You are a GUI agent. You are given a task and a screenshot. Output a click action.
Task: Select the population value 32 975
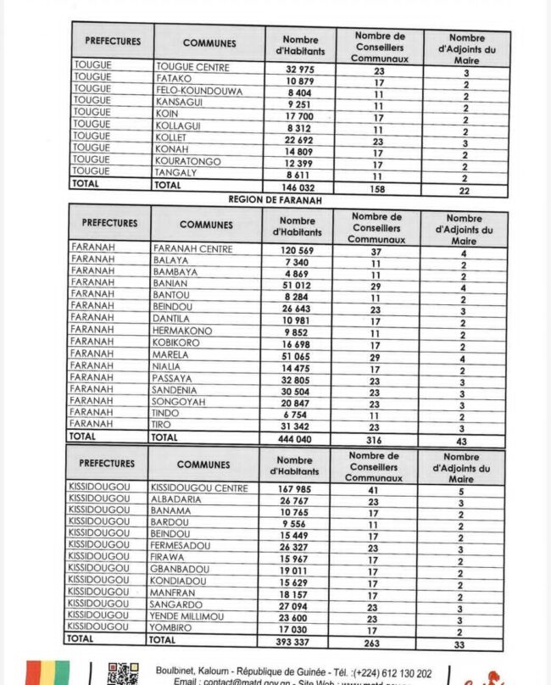[300, 69]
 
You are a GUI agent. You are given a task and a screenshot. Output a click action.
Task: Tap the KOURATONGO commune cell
[188, 161]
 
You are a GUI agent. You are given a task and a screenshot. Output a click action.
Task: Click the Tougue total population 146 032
[300, 187]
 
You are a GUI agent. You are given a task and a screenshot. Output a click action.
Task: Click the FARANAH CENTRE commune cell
[192, 249]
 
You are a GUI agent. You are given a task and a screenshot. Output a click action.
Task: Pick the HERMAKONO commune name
[182, 331]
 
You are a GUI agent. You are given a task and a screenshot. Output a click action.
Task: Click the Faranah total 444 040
[297, 439]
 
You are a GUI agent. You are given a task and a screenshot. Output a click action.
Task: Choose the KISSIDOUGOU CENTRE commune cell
[199, 488]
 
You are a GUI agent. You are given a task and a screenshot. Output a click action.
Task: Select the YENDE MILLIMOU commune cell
[187, 616]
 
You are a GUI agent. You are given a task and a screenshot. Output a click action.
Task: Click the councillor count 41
[373, 489]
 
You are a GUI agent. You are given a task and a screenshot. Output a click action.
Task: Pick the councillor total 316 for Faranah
[374, 440]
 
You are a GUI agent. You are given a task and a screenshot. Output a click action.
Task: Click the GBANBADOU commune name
[181, 570]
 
